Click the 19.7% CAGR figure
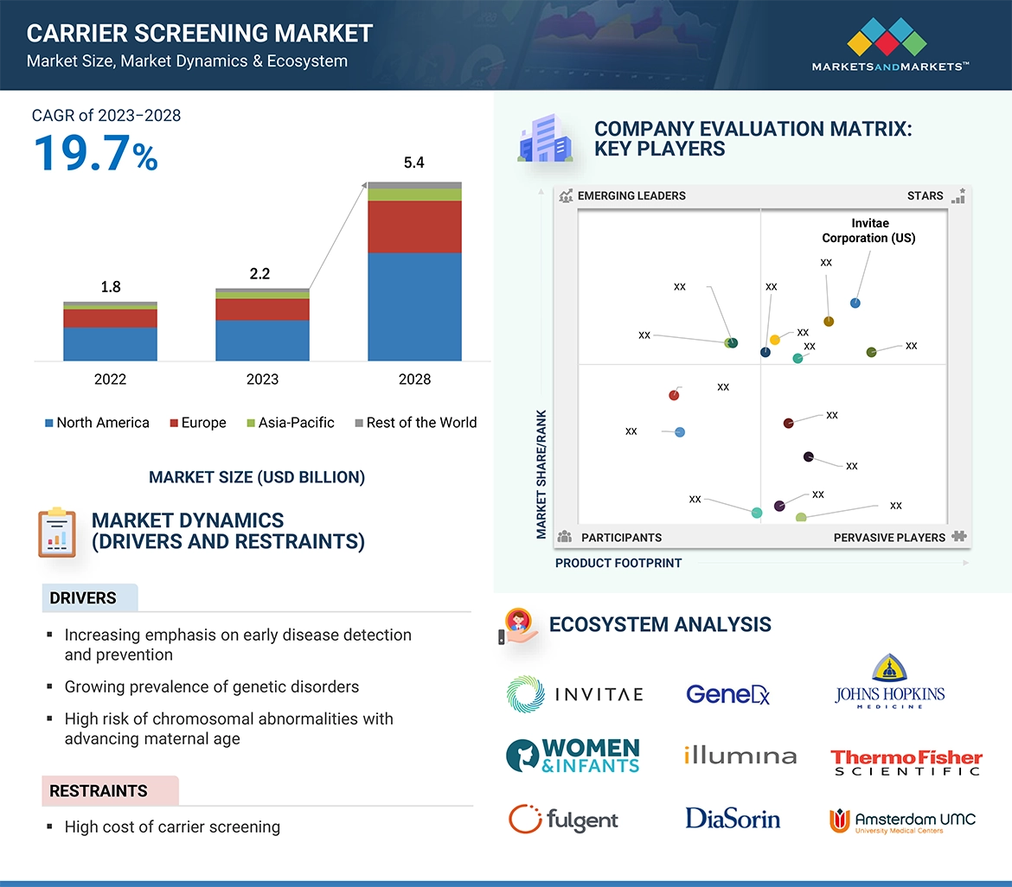[95, 154]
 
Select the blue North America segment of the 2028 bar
[414, 306]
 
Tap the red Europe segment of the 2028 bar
[414, 227]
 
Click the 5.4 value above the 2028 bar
[414, 163]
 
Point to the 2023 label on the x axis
[262, 380]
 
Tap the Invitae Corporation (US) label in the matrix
[868, 231]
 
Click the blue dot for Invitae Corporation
[855, 303]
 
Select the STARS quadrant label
[926, 195]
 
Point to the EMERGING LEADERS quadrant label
[631, 195]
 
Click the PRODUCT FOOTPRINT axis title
[618, 563]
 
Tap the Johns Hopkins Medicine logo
[889, 683]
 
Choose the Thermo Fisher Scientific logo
[906, 762]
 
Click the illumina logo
[740, 756]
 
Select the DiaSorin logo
[733, 818]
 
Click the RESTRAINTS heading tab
[99, 790]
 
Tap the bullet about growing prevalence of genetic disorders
[211, 687]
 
